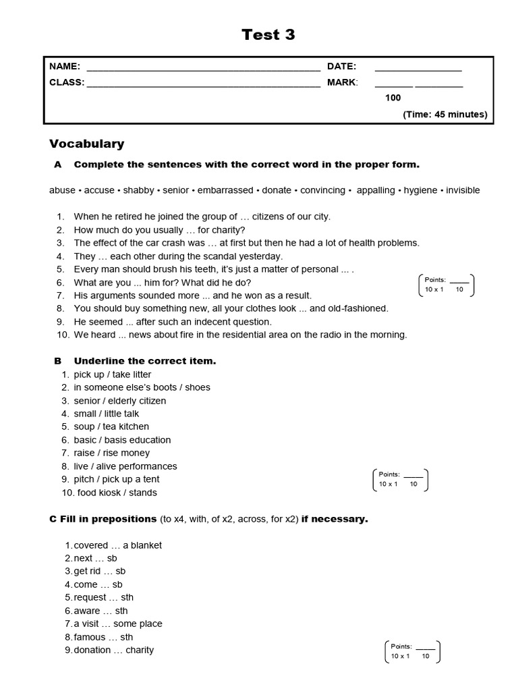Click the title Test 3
(268, 34)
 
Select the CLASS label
(67, 82)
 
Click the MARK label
(342, 82)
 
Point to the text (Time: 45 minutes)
(444, 114)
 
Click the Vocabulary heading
(86, 144)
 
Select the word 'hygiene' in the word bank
(420, 190)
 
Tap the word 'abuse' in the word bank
(62, 190)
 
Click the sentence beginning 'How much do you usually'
(159, 229)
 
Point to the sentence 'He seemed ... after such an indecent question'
(173, 322)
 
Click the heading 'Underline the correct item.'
(144, 361)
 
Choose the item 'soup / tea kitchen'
(111, 426)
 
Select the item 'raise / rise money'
(111, 453)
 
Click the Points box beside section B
(400, 479)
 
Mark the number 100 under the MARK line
(393, 98)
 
